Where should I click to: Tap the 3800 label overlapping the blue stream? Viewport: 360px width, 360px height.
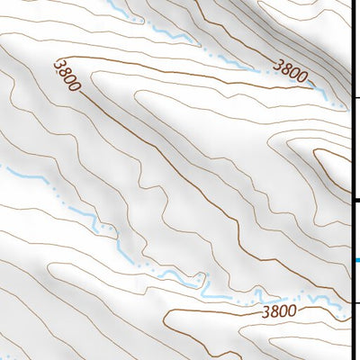point(290,67)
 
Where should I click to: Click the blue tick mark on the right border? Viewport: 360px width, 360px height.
point(357,261)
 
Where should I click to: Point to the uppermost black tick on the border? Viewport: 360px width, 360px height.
point(357,97)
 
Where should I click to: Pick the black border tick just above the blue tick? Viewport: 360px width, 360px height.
point(357,200)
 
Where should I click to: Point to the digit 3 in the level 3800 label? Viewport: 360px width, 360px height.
point(267,312)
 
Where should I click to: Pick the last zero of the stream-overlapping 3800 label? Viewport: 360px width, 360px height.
point(301,74)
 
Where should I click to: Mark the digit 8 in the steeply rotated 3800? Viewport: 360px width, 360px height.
point(65,71)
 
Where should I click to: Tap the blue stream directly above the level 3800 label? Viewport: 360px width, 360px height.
point(270,297)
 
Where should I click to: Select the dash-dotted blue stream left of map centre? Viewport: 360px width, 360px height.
point(81,212)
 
